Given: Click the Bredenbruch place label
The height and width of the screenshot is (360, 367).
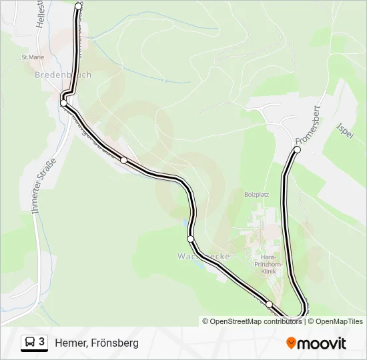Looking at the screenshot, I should coord(63,75).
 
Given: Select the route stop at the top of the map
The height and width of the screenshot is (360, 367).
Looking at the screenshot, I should coord(79,6).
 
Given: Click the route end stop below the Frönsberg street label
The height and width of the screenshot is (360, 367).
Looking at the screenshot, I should coord(297,150).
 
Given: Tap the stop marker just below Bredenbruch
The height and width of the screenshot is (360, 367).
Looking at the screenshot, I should coord(64,103).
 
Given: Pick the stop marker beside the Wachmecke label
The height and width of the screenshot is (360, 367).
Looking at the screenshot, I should coord(191,239).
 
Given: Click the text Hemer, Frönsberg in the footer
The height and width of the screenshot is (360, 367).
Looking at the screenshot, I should coord(97,343).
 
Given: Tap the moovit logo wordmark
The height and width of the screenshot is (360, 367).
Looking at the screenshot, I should coord(322,343).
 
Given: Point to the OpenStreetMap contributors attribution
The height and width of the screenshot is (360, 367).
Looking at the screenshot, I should coord(252,321).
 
